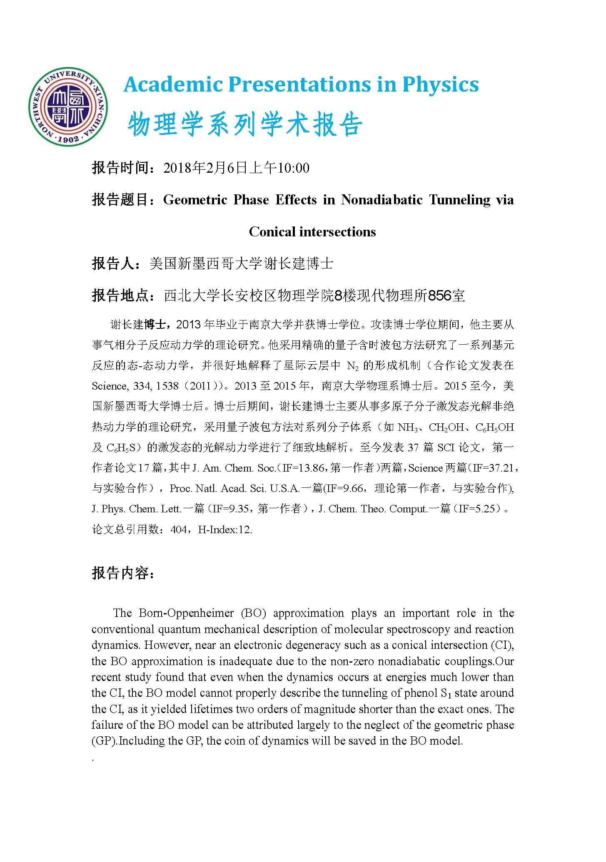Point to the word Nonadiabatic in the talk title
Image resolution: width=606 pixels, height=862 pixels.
(x=382, y=200)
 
